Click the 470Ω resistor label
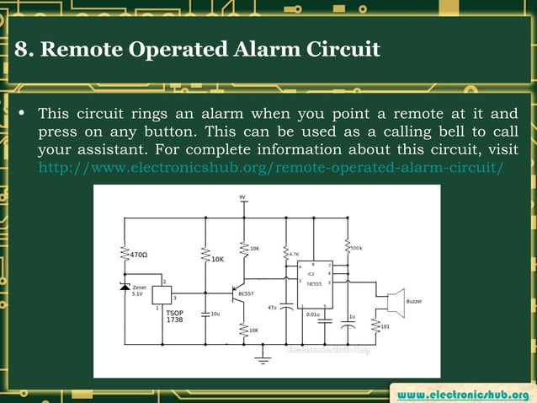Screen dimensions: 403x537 (136, 253)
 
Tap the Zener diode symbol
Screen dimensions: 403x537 (125, 287)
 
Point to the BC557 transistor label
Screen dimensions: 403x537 (246, 293)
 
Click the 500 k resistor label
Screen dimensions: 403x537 (355, 248)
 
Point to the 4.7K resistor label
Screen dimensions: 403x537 (295, 253)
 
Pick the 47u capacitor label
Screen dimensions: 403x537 (272, 308)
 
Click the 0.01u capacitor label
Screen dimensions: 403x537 (312, 314)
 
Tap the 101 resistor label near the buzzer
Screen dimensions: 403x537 (385, 326)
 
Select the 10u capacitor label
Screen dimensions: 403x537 (216, 314)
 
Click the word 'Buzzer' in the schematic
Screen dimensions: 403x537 (414, 302)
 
